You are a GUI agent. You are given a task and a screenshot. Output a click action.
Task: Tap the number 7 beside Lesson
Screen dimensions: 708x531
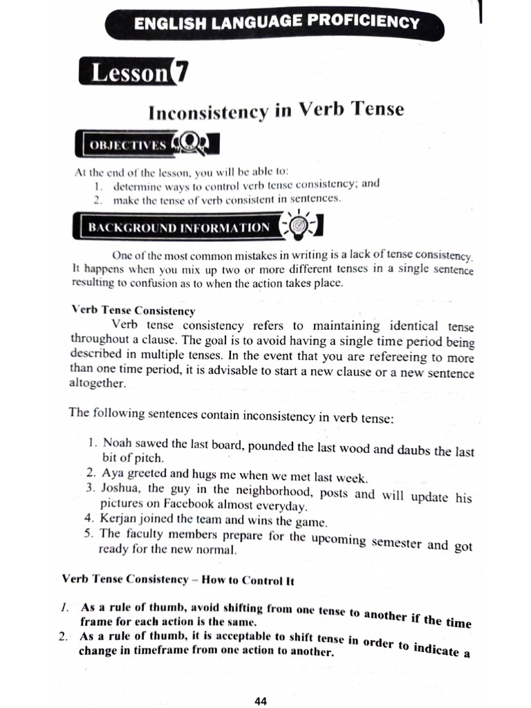[180, 71]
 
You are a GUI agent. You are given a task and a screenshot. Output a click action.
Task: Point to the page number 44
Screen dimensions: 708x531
[261, 701]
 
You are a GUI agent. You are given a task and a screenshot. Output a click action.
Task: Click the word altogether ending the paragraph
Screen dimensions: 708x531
[97, 383]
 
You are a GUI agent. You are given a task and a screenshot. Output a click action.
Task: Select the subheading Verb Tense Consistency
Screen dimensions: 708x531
[133, 311]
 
